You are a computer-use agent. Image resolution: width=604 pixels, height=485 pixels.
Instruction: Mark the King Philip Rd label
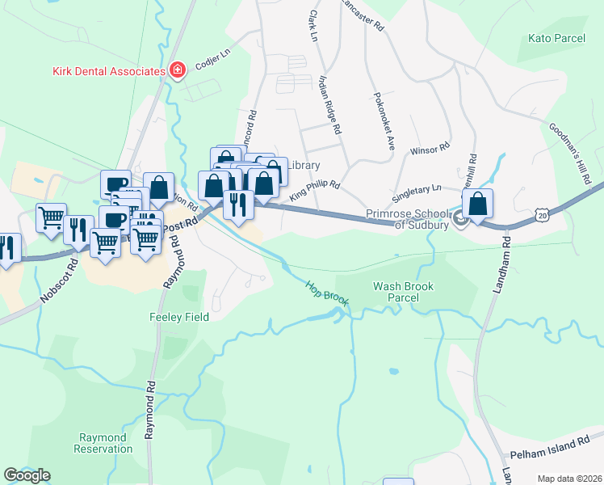coord(315,190)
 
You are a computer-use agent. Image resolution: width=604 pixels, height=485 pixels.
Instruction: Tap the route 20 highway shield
coord(542,213)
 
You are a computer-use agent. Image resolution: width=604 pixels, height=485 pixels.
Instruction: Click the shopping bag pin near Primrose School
coord(478,204)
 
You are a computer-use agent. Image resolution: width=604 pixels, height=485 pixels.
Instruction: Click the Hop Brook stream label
coord(327,293)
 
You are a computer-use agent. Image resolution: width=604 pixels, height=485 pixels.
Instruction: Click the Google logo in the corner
coord(27,475)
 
